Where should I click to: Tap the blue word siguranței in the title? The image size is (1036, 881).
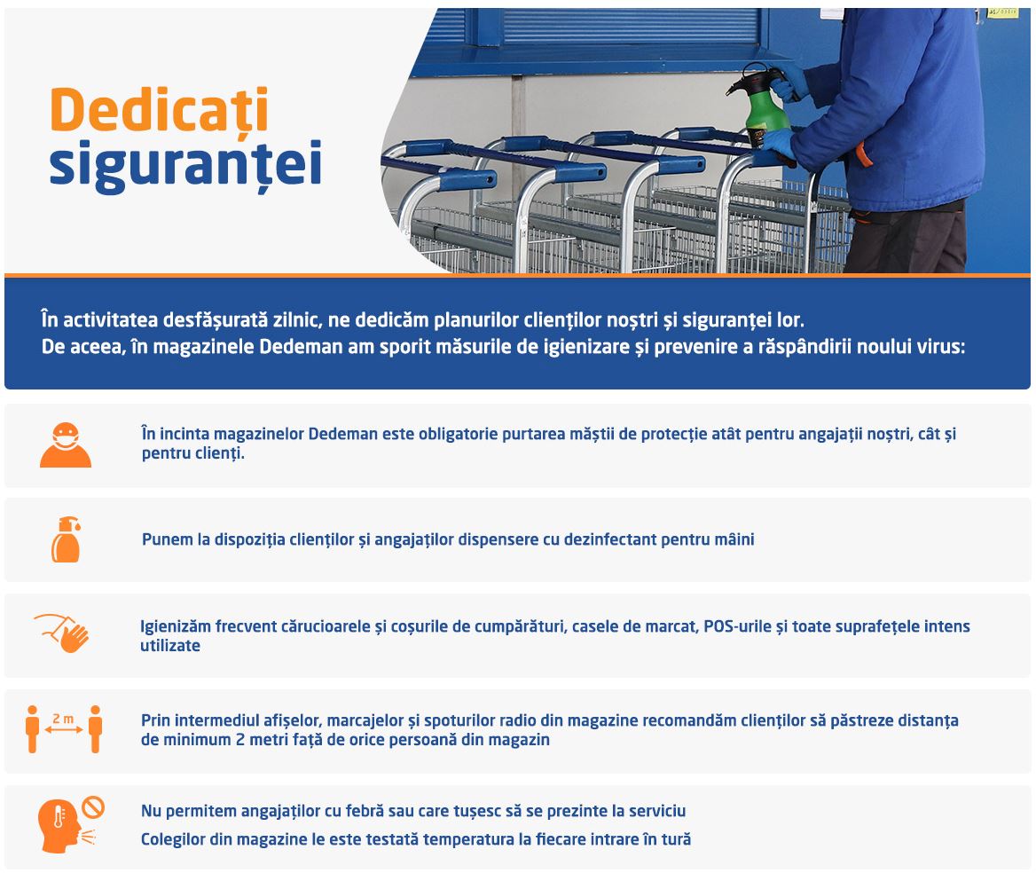coord(185,165)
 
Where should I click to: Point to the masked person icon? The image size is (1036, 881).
coord(66,444)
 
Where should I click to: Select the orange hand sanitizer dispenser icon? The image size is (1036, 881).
coord(66,539)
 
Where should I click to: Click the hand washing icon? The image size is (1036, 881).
coord(62,633)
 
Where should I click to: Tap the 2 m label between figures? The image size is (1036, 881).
coord(64,719)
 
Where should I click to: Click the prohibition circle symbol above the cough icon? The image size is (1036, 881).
coord(93,807)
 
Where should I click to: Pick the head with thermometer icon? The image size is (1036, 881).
coord(59,825)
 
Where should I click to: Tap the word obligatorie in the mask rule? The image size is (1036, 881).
coord(458,434)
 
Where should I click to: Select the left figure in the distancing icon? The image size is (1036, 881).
coord(32,729)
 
